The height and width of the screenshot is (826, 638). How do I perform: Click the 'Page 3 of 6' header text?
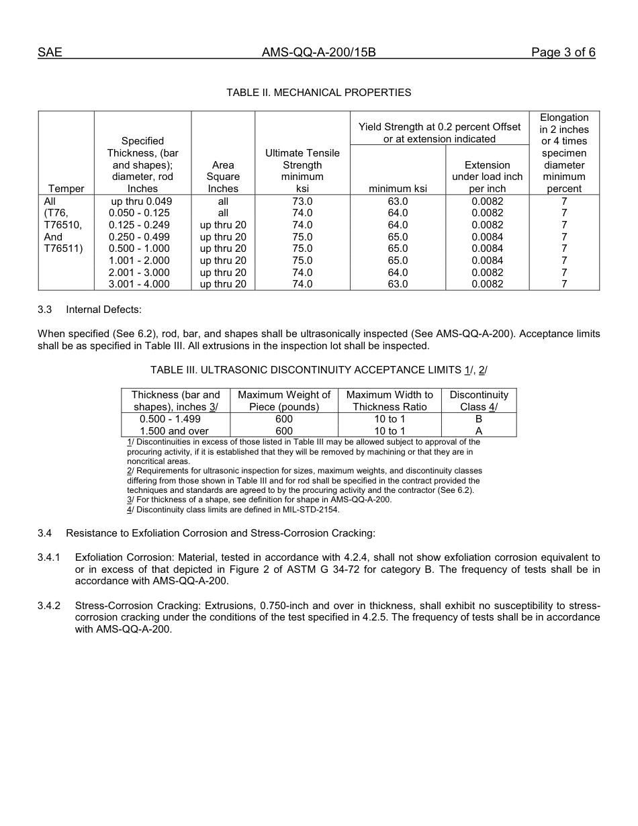[x=563, y=52]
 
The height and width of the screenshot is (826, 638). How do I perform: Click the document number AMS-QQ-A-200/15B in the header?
[x=318, y=52]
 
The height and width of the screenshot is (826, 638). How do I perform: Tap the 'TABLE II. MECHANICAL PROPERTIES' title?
[x=318, y=92]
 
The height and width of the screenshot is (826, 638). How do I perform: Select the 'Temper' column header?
[x=66, y=189]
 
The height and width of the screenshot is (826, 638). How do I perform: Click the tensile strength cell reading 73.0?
[x=302, y=201]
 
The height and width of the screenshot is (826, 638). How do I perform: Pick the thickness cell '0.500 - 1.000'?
[x=139, y=248]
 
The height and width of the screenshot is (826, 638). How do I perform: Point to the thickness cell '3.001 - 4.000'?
[x=139, y=284]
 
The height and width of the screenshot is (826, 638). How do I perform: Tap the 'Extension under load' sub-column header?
[x=487, y=177]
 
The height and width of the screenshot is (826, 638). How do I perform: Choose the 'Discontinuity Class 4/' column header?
[x=479, y=401]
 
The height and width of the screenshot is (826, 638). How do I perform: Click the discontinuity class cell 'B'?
[x=479, y=419]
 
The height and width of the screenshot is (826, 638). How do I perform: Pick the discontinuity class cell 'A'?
[x=479, y=431]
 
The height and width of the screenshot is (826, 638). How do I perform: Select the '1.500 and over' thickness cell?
[x=174, y=431]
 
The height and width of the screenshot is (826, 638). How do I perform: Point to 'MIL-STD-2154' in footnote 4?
[x=312, y=510]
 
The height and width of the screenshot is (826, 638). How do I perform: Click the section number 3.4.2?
[x=49, y=605]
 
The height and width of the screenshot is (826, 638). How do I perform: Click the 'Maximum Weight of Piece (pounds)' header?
[x=284, y=401]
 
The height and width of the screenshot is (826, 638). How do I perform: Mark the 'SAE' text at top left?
[x=50, y=52]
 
